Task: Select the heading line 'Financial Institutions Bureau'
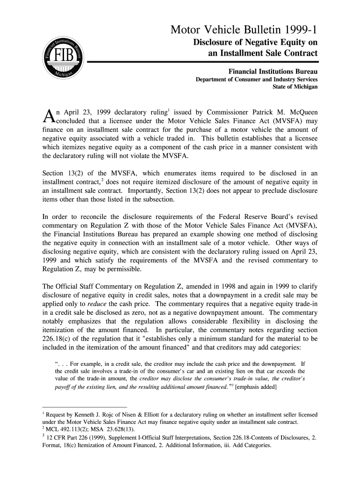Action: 273,72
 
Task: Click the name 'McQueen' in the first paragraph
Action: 301,113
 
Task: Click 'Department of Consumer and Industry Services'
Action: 256,80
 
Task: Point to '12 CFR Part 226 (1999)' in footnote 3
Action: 73,437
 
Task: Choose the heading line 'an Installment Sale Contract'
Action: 262,53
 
